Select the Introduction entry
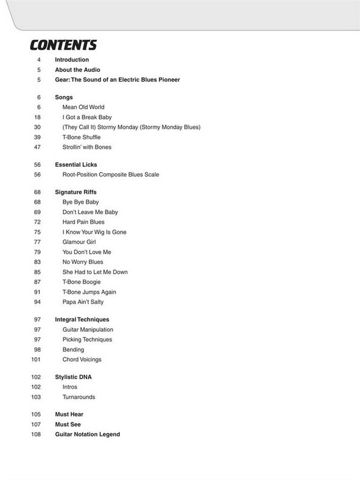[71, 60]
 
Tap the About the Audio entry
[77, 70]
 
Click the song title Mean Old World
[83, 106]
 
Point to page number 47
[38, 147]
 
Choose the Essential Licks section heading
[76, 164]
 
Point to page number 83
[38, 262]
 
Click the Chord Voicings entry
[82, 359]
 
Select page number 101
[37, 359]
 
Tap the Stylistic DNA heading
[74, 377]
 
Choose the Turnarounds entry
[79, 397]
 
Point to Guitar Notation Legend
[88, 434]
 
